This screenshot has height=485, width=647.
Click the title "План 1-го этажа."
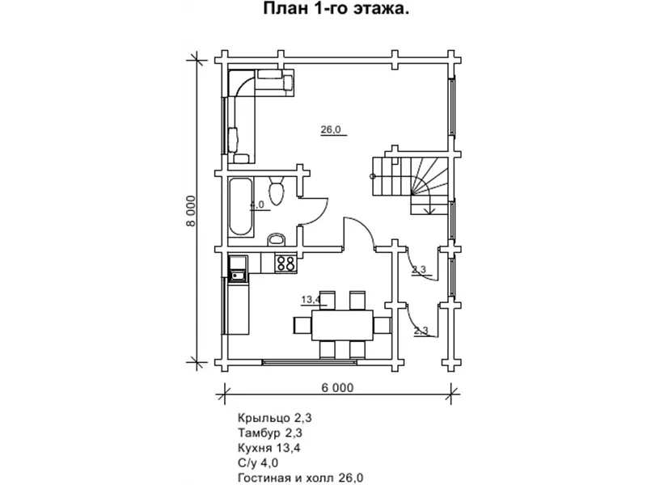(x=336, y=9)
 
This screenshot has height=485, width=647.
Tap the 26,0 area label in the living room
(x=332, y=129)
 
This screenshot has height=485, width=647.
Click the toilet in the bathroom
(x=276, y=191)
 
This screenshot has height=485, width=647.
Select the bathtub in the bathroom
(x=240, y=206)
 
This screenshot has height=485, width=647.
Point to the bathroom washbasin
(x=277, y=239)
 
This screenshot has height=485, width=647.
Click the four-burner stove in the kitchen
(x=285, y=264)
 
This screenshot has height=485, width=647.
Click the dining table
(x=342, y=326)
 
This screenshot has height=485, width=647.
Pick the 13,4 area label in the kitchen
(x=311, y=299)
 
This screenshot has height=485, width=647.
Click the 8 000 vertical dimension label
(x=191, y=211)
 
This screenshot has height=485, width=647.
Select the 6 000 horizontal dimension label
(x=337, y=388)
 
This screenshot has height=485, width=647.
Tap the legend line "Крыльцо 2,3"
(x=274, y=418)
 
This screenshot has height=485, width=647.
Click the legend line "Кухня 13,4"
(x=269, y=448)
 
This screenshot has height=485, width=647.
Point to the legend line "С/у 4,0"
(x=258, y=462)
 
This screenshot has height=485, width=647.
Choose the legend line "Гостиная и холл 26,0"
(x=300, y=478)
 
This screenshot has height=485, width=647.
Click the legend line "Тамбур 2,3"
(x=270, y=433)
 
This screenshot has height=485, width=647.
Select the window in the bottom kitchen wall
(x=310, y=362)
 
